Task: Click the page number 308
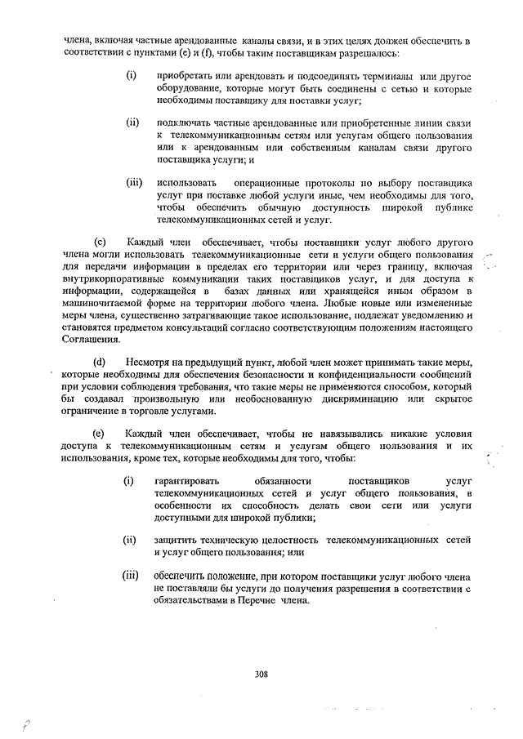[x=261, y=674]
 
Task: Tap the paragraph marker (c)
[x=101, y=243]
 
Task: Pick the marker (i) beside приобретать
[x=129, y=76]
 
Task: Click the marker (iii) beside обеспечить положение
[x=131, y=577]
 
